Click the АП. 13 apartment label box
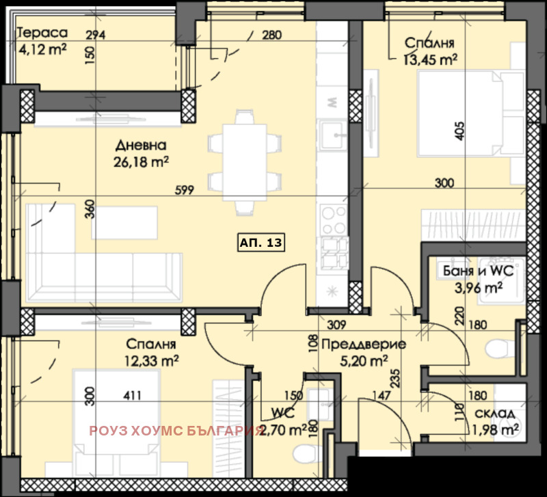261,242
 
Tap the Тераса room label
42,32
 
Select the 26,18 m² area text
141,161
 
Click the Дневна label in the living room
141,146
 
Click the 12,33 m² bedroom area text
151,359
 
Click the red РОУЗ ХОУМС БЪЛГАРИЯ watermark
176,431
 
